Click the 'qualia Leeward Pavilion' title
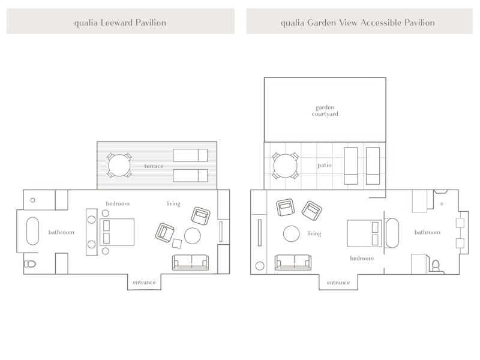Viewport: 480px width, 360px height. click(120, 23)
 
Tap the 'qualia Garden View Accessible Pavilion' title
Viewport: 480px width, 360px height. click(358, 23)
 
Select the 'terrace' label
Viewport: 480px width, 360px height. click(154, 166)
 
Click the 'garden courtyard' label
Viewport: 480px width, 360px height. click(325, 110)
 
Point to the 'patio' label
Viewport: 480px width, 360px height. click(325, 165)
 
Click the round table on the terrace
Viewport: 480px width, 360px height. click(119, 166)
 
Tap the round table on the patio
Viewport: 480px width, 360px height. click(285, 166)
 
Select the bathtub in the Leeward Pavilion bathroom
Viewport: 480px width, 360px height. click(33, 231)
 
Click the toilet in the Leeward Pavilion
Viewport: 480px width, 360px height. click(29, 263)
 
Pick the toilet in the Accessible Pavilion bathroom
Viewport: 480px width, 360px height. click(436, 265)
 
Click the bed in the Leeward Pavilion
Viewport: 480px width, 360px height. click(117, 232)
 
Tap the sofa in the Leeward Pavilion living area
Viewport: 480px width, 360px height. click(190, 262)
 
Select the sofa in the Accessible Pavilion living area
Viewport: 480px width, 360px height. click(293, 262)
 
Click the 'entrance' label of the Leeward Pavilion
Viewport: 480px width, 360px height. click(144, 282)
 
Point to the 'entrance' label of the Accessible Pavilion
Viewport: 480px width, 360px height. click(338, 283)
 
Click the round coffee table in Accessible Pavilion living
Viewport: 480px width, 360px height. click(291, 233)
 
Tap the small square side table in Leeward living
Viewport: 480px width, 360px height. click(176, 244)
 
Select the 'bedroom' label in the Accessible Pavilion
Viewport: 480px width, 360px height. click(362, 258)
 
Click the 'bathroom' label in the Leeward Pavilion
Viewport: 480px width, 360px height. click(61, 232)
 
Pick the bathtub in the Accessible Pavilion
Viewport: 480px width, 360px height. click(392, 233)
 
